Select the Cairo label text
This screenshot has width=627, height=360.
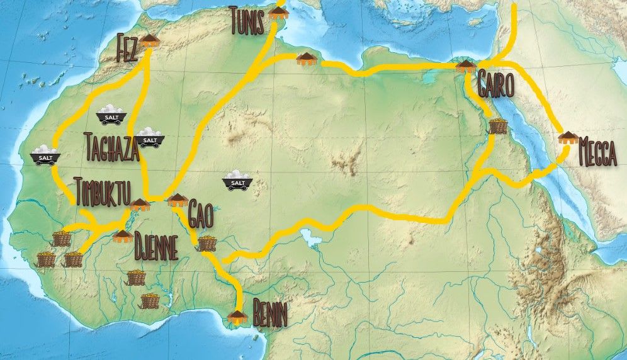click(495, 84)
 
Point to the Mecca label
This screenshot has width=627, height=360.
click(597, 154)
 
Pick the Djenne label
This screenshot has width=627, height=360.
click(156, 247)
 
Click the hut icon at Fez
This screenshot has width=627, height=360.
click(149, 41)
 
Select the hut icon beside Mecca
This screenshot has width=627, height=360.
click(568, 138)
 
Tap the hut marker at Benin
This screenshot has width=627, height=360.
click(237, 315)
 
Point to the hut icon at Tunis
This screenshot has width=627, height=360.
click(276, 14)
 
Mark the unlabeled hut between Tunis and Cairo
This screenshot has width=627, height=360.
click(306, 59)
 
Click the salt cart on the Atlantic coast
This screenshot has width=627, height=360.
click(45, 155)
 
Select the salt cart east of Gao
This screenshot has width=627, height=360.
click(238, 180)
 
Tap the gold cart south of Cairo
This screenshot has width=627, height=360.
click(498, 126)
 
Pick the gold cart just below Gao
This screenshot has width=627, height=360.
click(207, 243)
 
